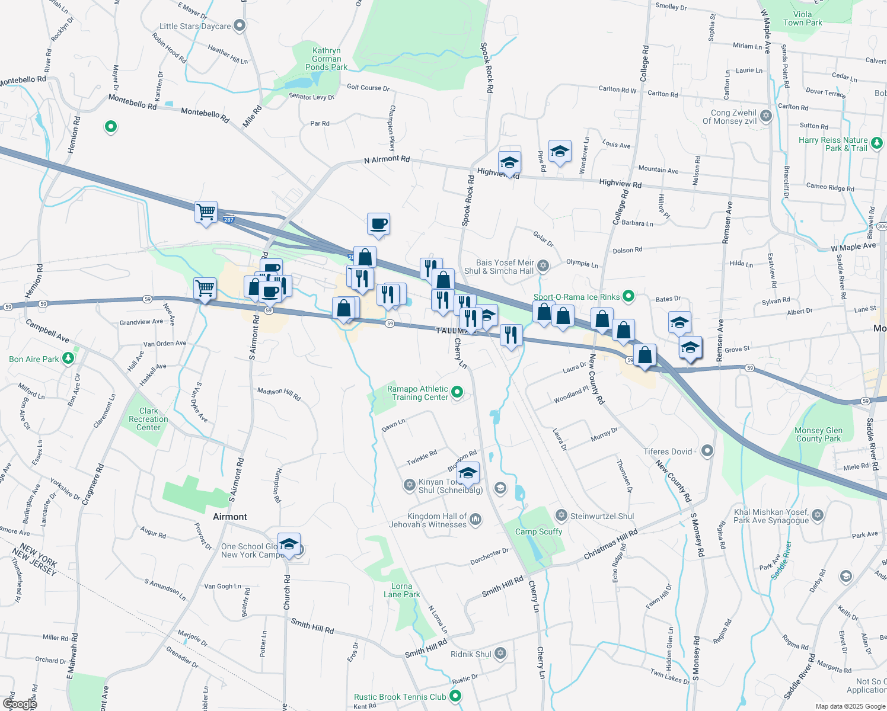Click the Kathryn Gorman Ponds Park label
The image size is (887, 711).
pos(326,59)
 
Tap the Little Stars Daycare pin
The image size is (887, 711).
pos(240,25)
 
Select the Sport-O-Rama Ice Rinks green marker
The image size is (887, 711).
pos(629,296)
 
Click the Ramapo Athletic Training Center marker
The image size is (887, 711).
pos(457,392)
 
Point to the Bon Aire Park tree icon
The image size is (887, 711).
pos(69,358)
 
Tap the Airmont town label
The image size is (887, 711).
pos(230,517)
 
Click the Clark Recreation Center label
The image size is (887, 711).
pos(148,419)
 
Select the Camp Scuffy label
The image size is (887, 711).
pos(538,531)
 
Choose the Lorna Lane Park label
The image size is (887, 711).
pos(401,590)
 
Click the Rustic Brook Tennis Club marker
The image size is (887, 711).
pos(455,696)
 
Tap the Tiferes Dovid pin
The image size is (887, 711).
pos(707,451)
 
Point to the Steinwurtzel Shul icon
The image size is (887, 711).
pos(560,515)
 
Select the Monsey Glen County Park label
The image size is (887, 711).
pos(818,434)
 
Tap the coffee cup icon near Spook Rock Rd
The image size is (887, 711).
pos(378,225)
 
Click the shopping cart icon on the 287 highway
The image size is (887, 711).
pos(206,212)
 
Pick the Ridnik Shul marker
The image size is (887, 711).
pos(500,653)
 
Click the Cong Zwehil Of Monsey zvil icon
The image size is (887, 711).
pos(766,116)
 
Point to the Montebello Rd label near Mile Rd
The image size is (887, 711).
pos(205,114)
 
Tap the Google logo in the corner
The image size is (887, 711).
pos(19,703)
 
